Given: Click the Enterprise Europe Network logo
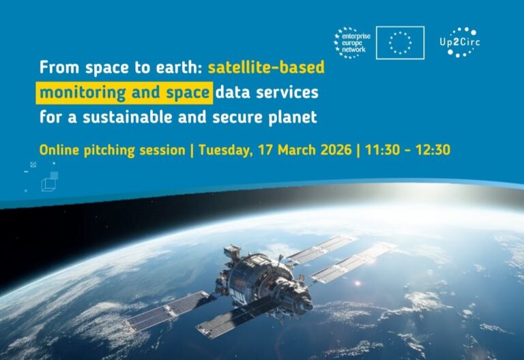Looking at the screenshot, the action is (352, 43).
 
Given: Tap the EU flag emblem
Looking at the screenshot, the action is (400, 43).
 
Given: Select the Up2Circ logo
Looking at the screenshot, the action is (460, 42).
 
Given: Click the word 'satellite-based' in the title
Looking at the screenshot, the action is (266, 67).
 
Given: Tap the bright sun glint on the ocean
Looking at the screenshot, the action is (358, 284).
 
